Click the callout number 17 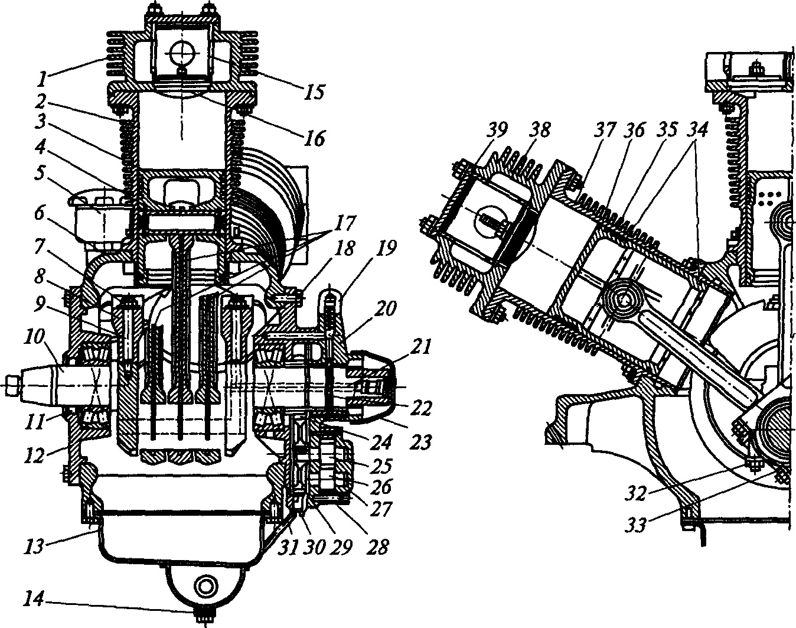(344, 222)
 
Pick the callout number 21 (420, 347)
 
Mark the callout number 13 (35, 546)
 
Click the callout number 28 (377, 546)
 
